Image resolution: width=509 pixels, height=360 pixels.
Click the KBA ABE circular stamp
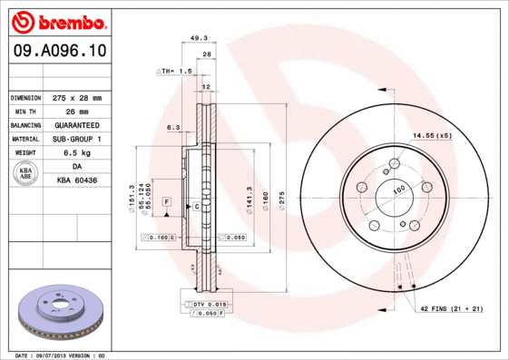coord(26,174)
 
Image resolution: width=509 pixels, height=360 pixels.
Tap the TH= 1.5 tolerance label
coord(176,71)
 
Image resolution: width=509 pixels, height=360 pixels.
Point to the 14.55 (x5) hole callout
coord(432,135)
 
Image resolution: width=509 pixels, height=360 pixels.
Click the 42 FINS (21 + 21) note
coord(451,308)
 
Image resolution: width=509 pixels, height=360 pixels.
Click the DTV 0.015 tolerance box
coord(208,304)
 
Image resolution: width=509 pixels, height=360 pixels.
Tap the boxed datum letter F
coord(167,200)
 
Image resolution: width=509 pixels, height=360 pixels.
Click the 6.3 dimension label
coord(173,128)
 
